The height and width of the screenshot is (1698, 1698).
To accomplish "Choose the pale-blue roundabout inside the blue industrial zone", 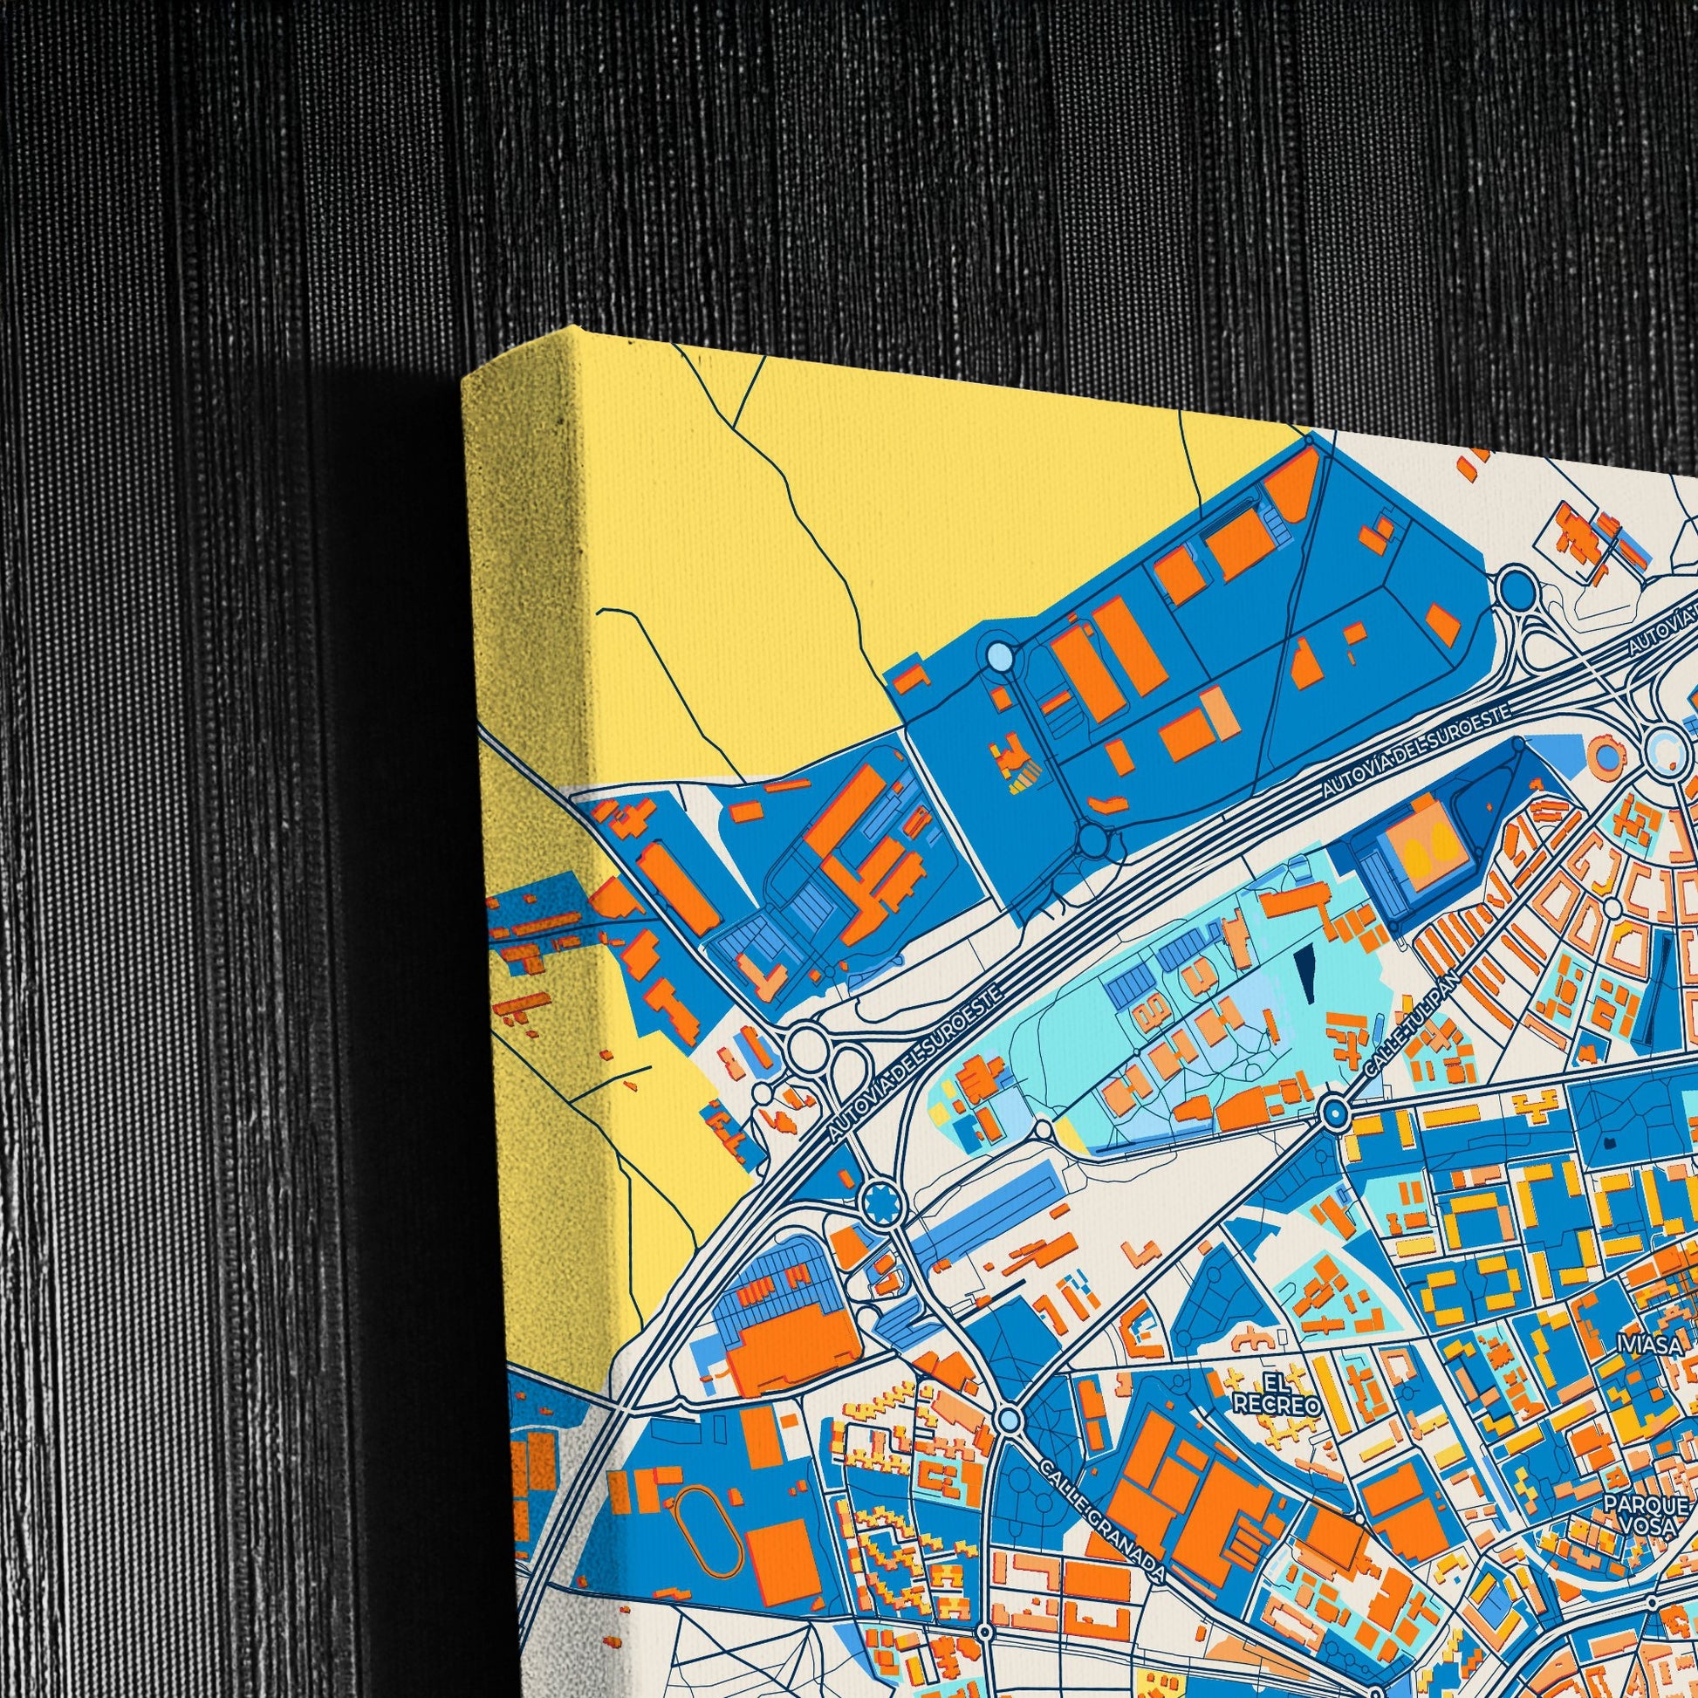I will (x=1000, y=654).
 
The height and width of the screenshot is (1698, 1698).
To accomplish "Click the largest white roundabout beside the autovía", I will (x=805, y=1048).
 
